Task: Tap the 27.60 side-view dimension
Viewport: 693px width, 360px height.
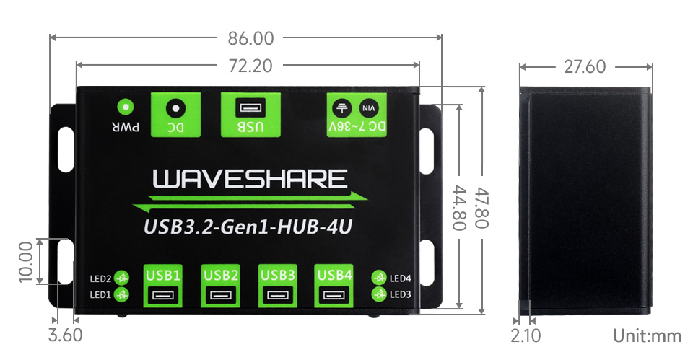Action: [585, 67]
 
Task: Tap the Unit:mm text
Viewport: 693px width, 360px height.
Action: [647, 335]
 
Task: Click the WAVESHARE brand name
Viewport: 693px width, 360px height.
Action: [250, 178]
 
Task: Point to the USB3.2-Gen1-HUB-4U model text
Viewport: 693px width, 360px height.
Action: [248, 228]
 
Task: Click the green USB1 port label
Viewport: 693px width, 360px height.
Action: [163, 274]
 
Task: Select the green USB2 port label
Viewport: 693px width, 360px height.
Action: [221, 274]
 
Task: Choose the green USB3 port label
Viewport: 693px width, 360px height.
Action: [277, 274]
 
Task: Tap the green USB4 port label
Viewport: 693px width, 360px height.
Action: [334, 274]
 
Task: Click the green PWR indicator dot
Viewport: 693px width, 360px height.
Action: [126, 107]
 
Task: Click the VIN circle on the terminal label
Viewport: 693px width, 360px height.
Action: [368, 108]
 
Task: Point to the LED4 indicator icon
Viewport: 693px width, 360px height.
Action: [378, 278]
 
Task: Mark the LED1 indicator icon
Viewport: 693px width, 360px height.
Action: [123, 294]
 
